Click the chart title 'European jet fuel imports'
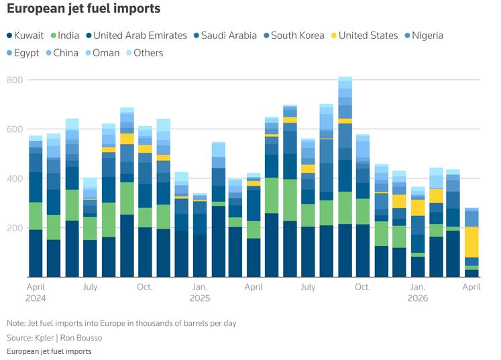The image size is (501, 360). coord(84,9)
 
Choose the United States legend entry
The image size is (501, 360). coord(363,36)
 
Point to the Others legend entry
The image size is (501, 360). coord(144,53)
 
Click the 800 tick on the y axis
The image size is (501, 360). coord(15,80)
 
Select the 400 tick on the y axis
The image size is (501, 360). coord(15,179)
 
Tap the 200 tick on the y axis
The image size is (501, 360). coord(15,228)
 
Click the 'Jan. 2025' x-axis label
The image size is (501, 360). coord(199,292)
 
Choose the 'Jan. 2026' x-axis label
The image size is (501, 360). coord(418,292)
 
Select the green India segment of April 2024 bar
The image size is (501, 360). coord(36,216)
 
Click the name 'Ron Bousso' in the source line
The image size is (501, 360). coord(85,337)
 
